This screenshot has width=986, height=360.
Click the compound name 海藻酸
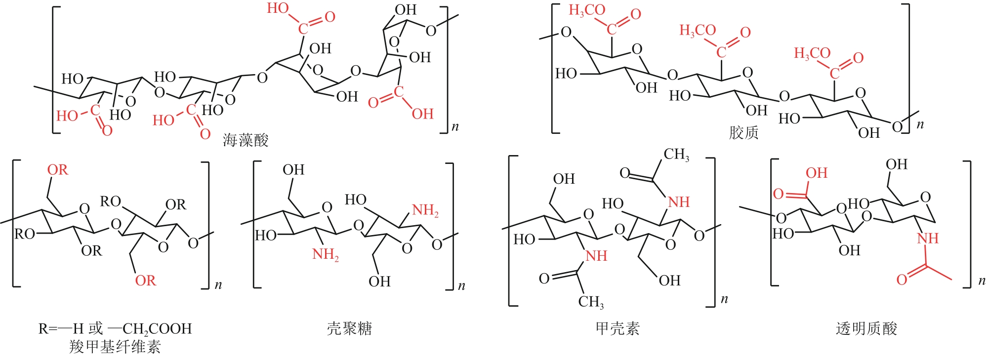tap(246, 140)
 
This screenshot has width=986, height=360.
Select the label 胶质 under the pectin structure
tap(743, 132)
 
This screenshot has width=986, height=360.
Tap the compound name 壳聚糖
tap(349, 328)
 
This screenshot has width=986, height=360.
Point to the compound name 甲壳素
tap(617, 328)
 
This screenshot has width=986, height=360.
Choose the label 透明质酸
tap(866, 328)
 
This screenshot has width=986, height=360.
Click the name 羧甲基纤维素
tap(115, 347)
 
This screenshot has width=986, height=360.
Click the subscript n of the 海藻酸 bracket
tap(455, 126)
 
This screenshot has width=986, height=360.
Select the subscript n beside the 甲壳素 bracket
tap(724, 299)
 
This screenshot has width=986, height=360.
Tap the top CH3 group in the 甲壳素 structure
tap(676, 155)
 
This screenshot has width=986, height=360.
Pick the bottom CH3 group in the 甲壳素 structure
tap(591, 302)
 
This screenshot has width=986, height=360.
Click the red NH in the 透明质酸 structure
tap(928, 239)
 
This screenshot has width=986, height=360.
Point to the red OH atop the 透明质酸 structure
tap(817, 173)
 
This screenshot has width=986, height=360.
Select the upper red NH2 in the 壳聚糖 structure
tap(425, 210)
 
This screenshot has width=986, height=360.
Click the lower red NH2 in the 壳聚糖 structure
tap(326, 255)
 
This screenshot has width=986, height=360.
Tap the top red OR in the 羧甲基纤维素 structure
tap(57, 170)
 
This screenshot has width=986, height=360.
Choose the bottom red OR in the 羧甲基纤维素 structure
tap(145, 280)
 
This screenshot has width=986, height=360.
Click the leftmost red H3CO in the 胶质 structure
tap(587, 10)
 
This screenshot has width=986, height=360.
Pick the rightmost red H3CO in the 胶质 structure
tap(812, 53)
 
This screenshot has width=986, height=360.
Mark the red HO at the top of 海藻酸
tap(278, 8)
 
